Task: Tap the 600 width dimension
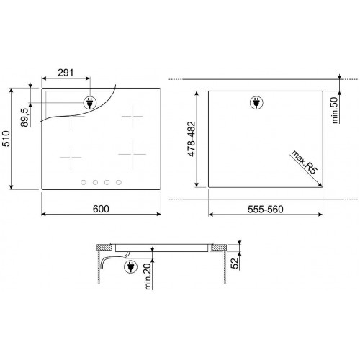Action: [101, 209]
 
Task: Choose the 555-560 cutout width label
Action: [265, 209]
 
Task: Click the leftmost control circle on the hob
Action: [84, 182]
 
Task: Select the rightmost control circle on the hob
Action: [119, 182]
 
